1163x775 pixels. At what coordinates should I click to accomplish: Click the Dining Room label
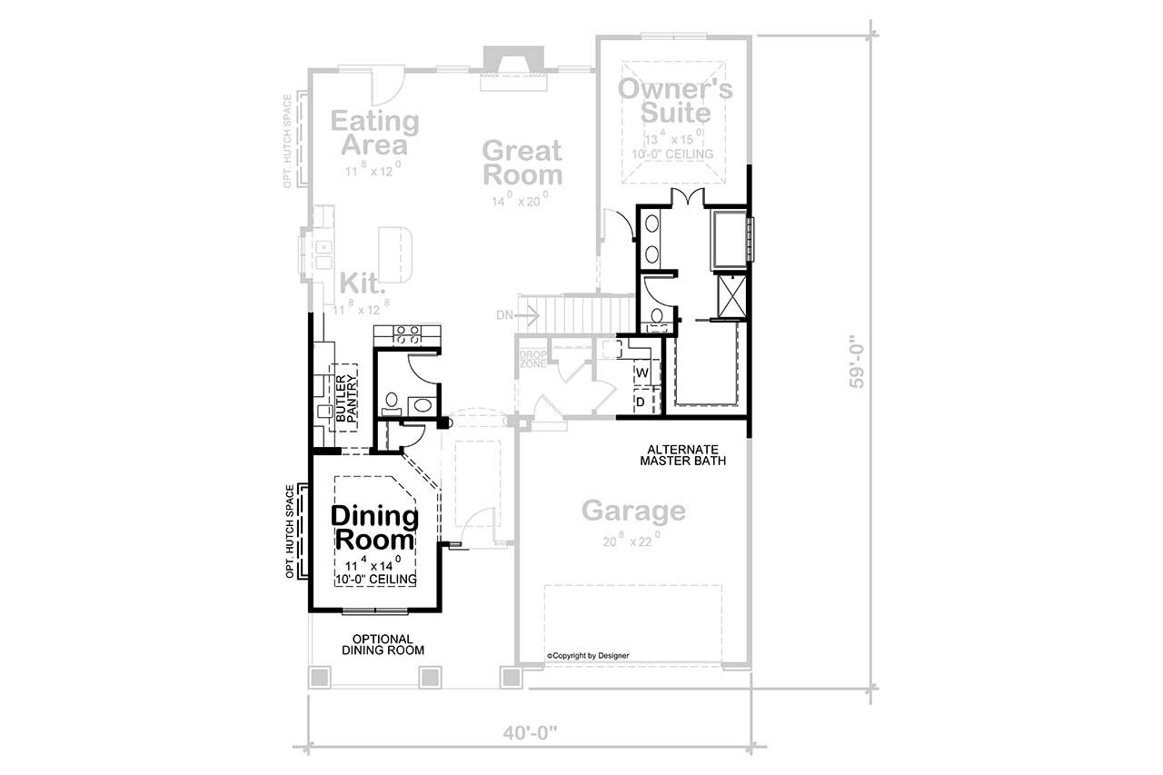click(x=374, y=528)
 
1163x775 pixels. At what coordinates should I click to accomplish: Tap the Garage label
click(x=633, y=511)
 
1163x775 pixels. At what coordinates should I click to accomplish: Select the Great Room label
click(x=522, y=162)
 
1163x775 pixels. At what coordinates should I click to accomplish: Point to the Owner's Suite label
click(x=674, y=100)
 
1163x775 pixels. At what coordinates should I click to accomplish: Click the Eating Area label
click(x=374, y=133)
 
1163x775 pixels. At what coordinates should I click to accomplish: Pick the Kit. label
click(x=363, y=283)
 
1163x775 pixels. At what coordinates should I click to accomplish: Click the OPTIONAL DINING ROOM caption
click(x=383, y=644)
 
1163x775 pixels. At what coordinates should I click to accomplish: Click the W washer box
click(x=641, y=373)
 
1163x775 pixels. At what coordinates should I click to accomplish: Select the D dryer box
click(x=641, y=401)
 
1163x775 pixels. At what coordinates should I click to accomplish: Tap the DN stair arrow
click(x=519, y=315)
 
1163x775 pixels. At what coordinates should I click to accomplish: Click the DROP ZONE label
click(x=532, y=358)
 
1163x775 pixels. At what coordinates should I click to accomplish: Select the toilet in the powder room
click(x=393, y=399)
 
